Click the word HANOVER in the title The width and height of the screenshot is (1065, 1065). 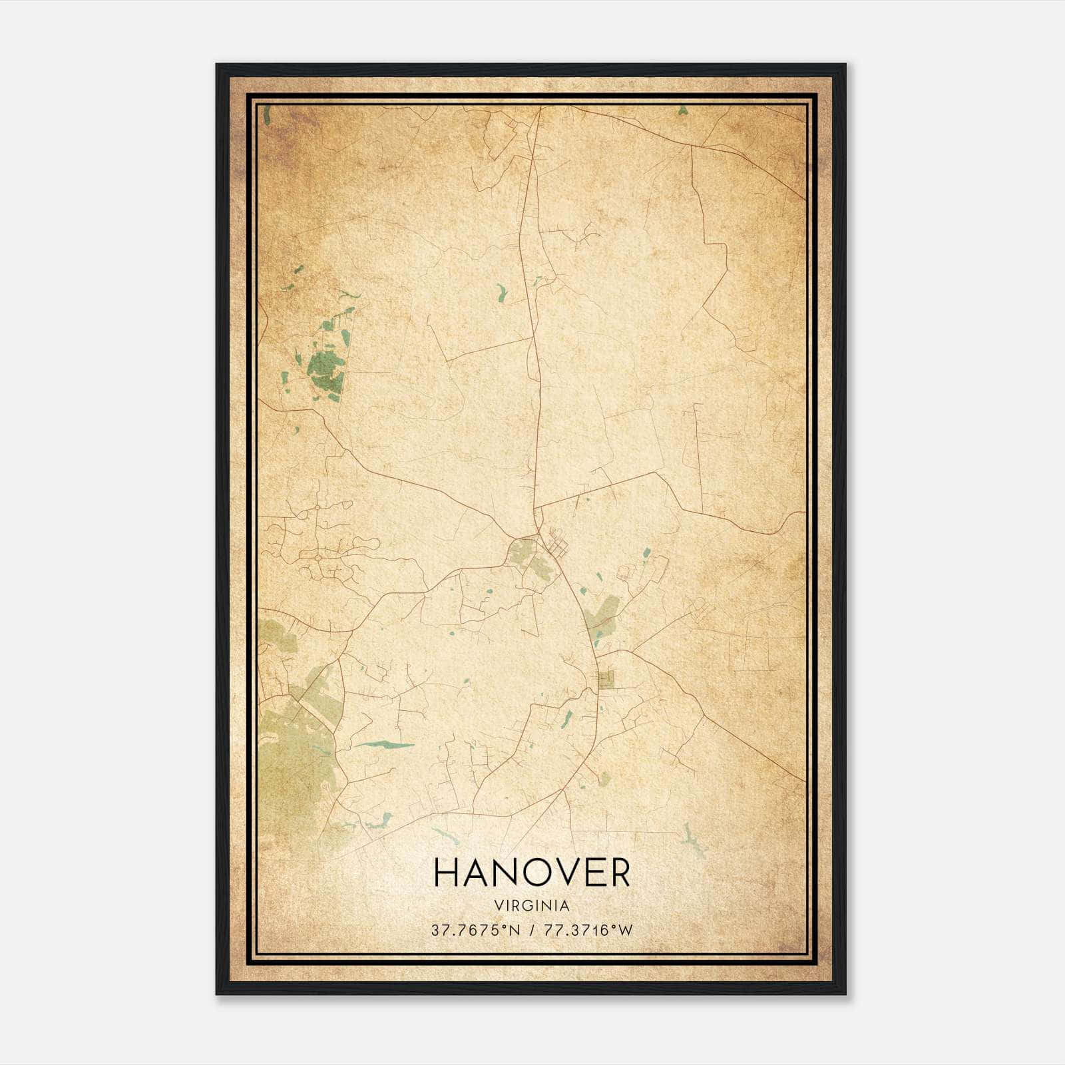click(x=532, y=873)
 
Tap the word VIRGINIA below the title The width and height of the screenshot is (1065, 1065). click(x=532, y=906)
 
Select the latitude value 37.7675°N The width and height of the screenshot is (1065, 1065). click(x=471, y=931)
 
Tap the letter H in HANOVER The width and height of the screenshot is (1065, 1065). click(x=446, y=873)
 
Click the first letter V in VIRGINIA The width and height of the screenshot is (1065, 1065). click(x=498, y=906)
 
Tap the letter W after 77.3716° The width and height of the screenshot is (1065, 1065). click(x=624, y=931)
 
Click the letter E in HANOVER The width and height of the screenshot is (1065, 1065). click(x=589, y=873)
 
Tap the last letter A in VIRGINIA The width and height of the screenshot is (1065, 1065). click(x=565, y=906)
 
